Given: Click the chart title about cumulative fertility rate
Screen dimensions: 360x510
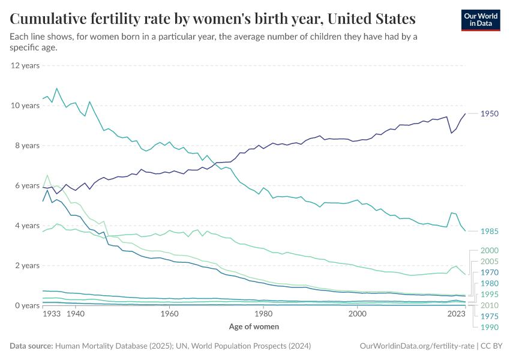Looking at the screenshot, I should pos(212,19).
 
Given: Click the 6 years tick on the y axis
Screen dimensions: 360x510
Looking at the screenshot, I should pos(26,185).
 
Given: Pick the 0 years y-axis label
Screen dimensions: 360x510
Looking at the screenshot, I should pos(26,305).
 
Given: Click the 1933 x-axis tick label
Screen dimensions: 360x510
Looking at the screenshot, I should pos(52,313).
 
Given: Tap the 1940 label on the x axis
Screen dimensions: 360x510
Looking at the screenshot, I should pos(76,313).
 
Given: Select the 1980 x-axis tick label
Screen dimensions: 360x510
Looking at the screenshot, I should pos(263,313).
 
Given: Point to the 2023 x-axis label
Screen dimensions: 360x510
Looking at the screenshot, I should pos(457,313).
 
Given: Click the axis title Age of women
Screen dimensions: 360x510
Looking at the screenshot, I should pos(254,326).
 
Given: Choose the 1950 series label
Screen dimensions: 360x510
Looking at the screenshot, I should pos(490,113).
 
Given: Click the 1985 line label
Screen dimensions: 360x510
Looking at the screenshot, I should pos(490,231).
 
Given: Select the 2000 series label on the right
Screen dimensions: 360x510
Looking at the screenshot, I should pos(490,250).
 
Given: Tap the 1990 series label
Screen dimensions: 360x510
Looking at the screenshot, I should pos(490,327).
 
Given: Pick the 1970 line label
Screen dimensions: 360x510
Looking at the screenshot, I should pos(490,272).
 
